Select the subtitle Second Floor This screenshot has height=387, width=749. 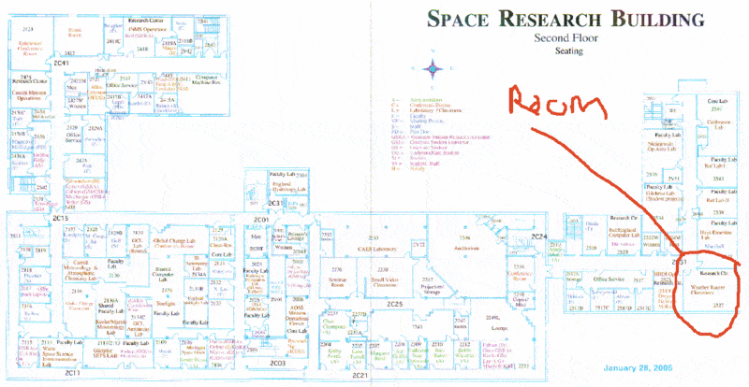[565, 37]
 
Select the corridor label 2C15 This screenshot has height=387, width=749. [62, 217]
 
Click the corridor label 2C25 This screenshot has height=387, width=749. [394, 305]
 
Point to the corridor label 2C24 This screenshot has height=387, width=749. [538, 237]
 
